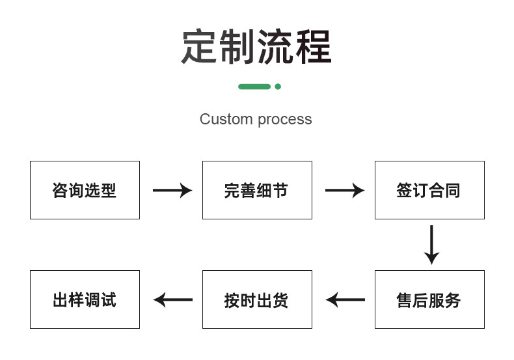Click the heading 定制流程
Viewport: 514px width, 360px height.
tap(256, 46)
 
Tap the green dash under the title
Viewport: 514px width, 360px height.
tap(254, 87)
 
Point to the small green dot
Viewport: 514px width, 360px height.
tap(278, 87)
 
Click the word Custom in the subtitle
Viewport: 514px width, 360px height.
tap(226, 119)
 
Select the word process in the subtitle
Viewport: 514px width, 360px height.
tap(285, 120)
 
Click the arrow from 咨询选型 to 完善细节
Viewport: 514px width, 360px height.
tap(172, 191)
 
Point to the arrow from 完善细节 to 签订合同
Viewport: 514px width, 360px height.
tap(345, 191)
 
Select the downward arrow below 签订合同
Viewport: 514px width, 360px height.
tap(432, 245)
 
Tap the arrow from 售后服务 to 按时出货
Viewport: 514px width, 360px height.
tap(345, 299)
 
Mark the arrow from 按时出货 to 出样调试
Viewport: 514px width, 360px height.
tap(173, 299)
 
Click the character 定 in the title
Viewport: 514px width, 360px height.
tap(199, 46)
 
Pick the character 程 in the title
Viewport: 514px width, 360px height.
tap(314, 46)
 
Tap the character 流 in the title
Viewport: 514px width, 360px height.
tap(275, 46)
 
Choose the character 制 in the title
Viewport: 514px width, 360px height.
tap(237, 46)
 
